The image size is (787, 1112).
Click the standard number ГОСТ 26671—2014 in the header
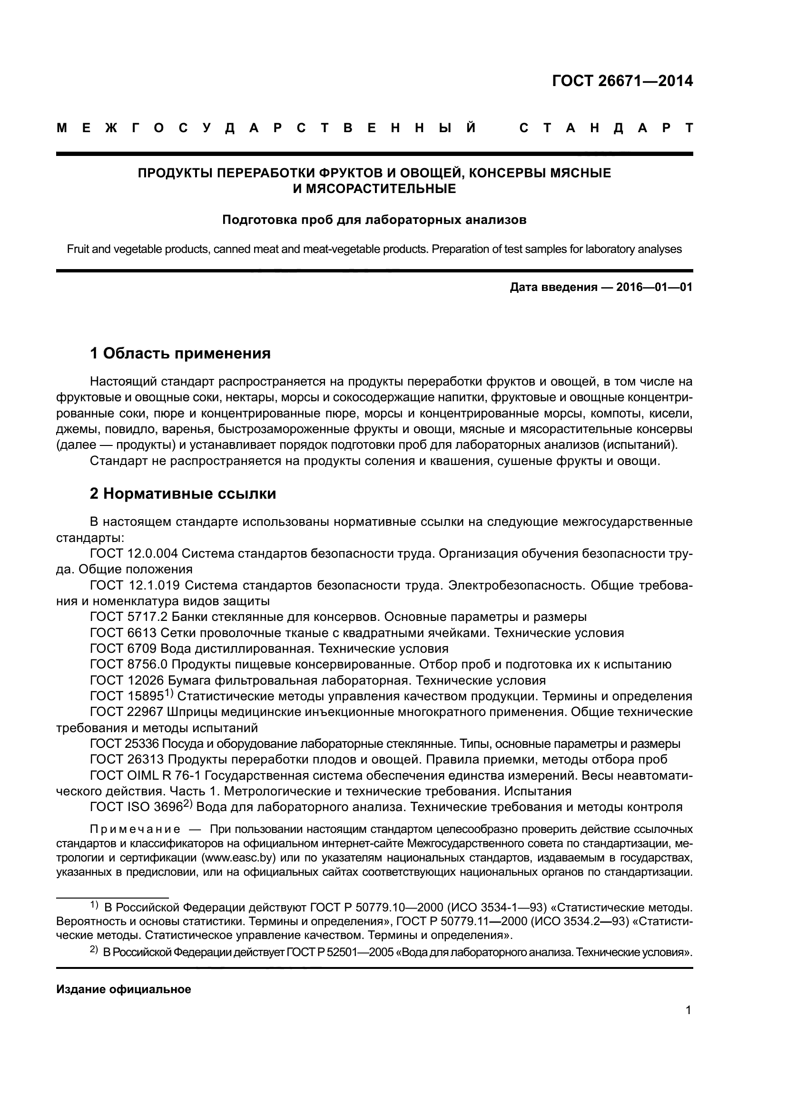(622, 81)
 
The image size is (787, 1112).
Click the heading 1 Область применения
(180, 354)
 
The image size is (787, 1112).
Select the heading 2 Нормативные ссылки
(183, 493)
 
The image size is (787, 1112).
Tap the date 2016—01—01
(654, 287)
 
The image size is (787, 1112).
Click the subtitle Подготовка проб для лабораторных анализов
(374, 220)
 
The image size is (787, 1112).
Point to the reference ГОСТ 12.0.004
(134, 553)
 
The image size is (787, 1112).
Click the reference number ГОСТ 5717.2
(128, 617)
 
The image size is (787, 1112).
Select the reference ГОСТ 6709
(123, 648)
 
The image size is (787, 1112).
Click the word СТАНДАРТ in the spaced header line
(606, 128)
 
